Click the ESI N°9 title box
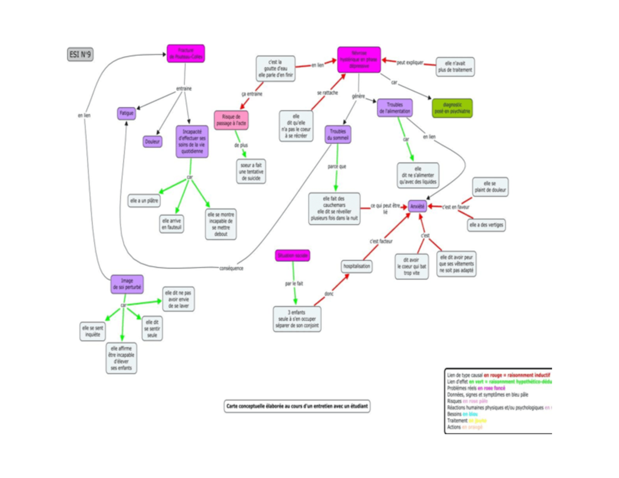[80, 54]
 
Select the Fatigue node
[126, 112]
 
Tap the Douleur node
[153, 141]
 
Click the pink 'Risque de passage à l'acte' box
[232, 120]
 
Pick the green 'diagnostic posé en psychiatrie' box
[452, 108]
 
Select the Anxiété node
[417, 206]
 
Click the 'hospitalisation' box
[356, 266]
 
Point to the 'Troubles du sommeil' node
[338, 134]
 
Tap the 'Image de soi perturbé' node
[127, 284]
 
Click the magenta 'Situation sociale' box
[293, 255]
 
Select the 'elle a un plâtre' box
[144, 200]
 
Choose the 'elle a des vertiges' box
[486, 225]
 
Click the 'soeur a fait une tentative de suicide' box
[251, 172]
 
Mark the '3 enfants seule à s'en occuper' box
[297, 319]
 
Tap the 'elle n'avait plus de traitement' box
[455, 67]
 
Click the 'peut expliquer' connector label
[410, 63]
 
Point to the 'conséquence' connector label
[231, 268]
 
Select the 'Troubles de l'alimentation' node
[395, 108]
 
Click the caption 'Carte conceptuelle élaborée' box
[298, 406]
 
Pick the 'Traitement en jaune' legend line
[467, 420]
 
